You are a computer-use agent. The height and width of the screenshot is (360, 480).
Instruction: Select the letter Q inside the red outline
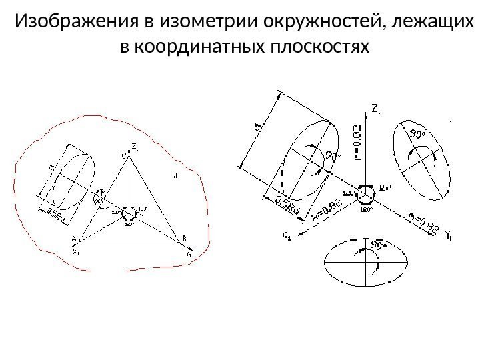[x=174, y=176]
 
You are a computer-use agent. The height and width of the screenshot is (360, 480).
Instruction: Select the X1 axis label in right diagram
[x=287, y=235]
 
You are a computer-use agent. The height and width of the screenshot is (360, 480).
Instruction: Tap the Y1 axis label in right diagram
[x=449, y=234]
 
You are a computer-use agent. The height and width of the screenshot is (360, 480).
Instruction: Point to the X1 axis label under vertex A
[x=75, y=252]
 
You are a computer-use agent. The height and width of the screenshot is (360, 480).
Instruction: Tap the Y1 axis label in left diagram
[x=189, y=253]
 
